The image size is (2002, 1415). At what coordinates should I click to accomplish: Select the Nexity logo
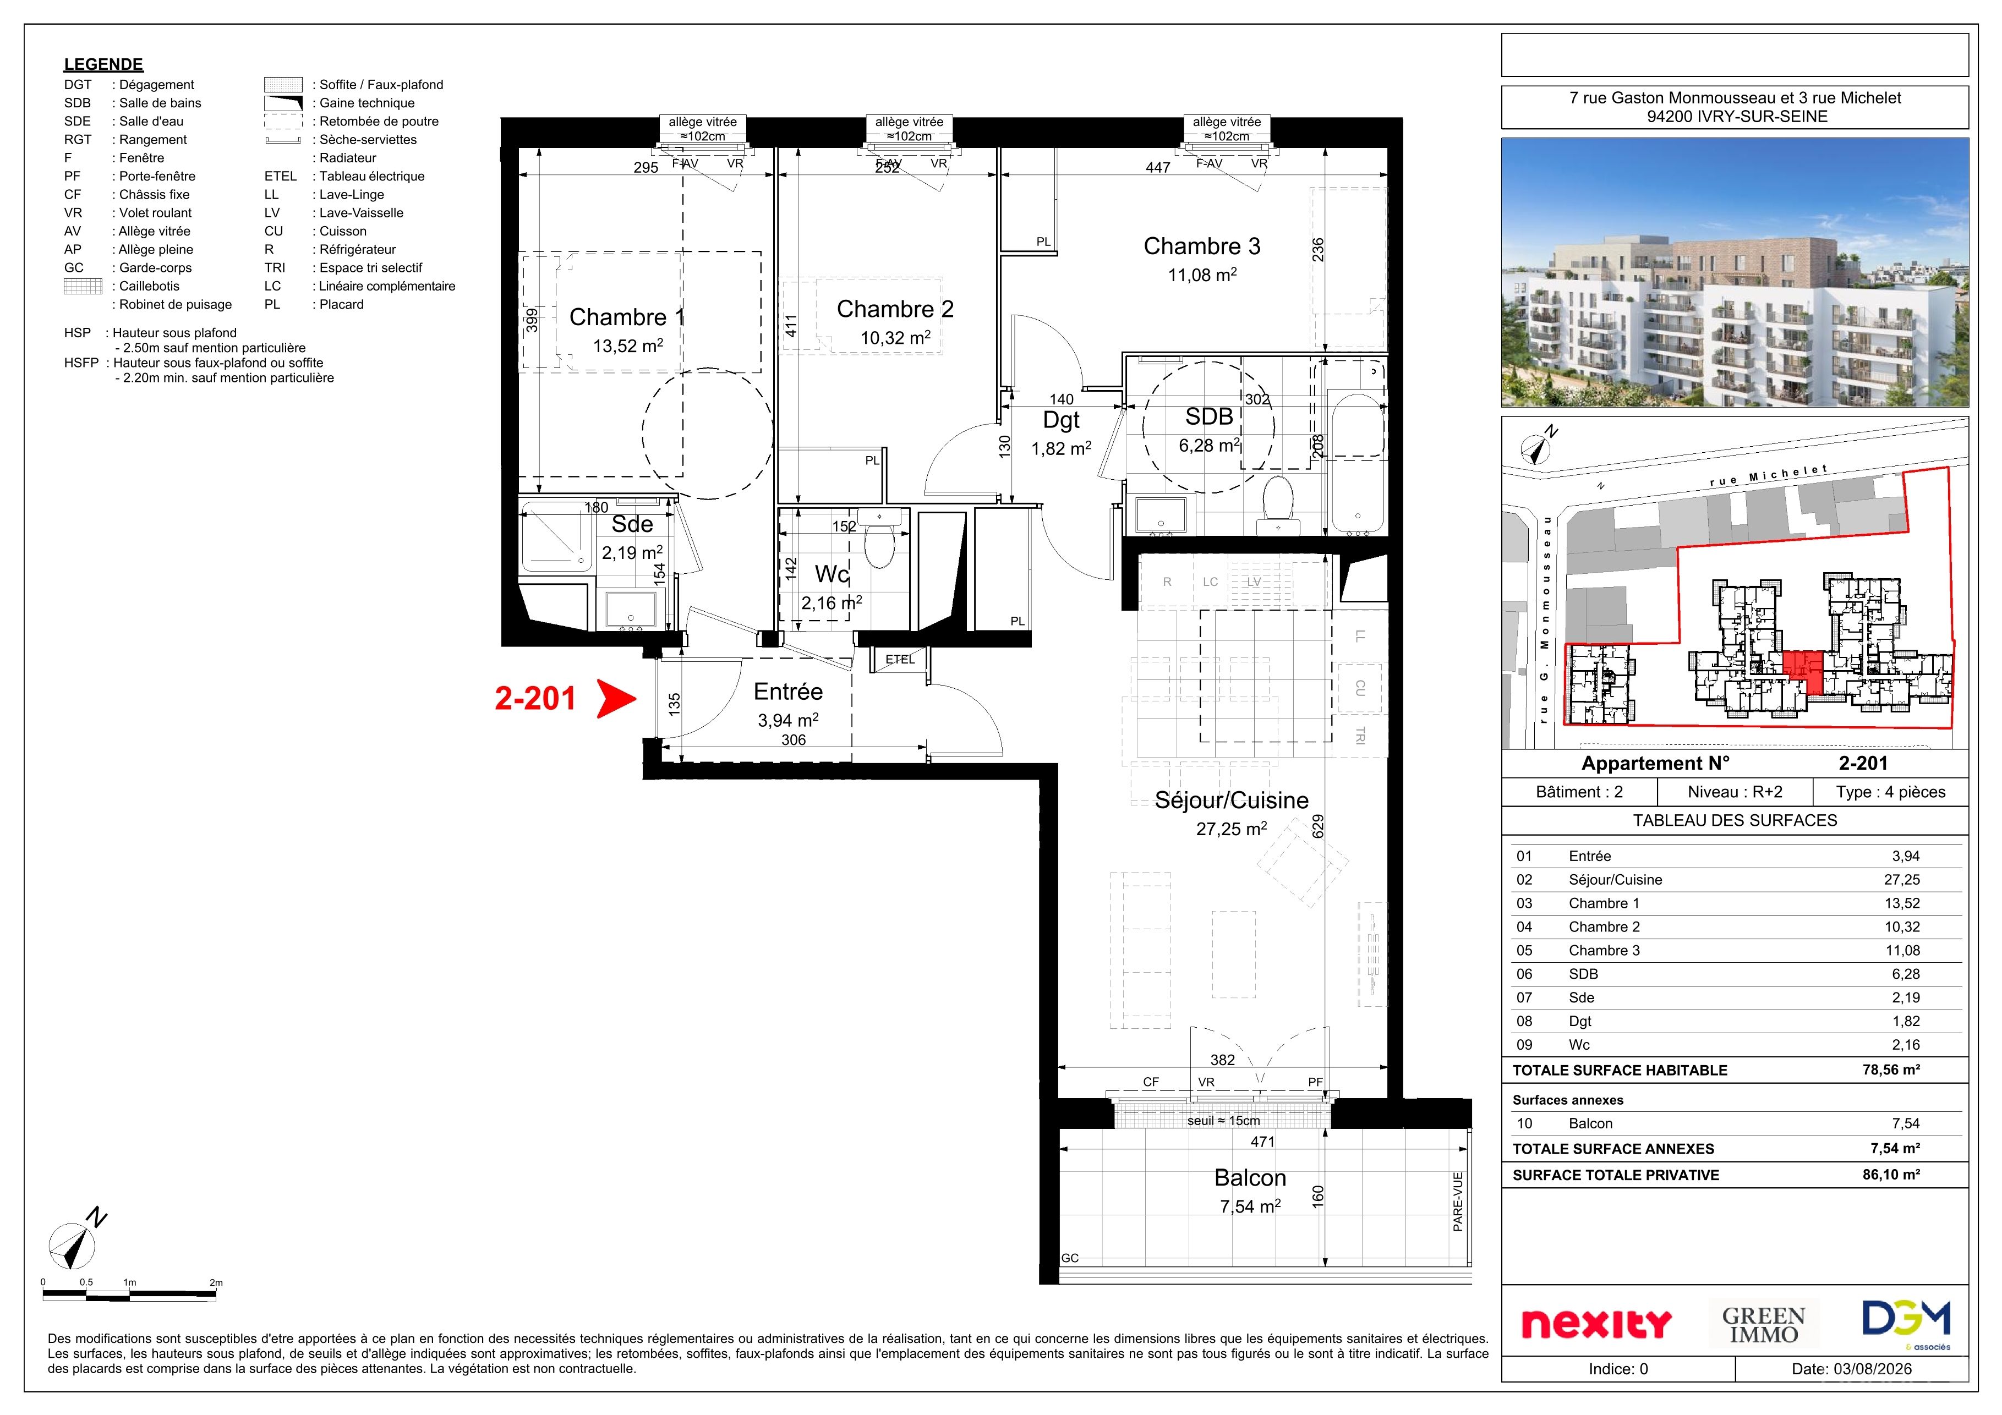[x=1596, y=1324]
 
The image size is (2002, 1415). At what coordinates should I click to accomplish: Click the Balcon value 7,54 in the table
[x=1905, y=1124]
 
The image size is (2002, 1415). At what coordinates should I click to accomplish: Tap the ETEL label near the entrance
[x=900, y=659]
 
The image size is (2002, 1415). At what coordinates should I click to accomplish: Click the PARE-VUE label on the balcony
[x=1457, y=1202]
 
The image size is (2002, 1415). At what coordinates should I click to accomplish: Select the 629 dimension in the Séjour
[x=1319, y=826]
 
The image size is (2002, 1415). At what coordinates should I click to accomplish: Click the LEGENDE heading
[x=103, y=64]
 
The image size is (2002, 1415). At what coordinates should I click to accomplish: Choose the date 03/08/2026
[x=1875, y=1369]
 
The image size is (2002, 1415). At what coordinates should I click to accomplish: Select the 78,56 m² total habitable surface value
[x=1891, y=1070]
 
